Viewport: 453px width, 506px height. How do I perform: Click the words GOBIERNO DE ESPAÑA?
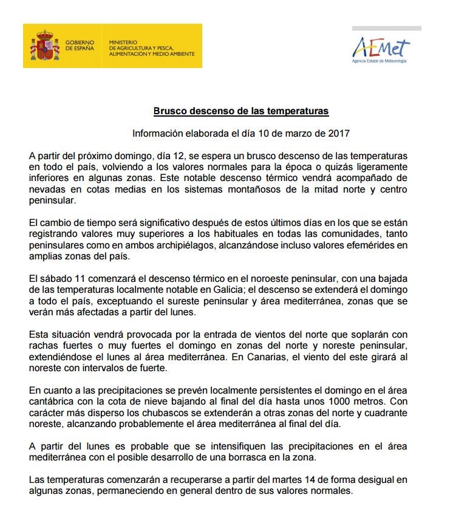[80, 45]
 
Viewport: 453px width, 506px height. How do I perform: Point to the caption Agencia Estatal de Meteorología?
[380, 61]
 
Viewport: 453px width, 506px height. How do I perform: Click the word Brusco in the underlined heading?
[168, 112]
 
